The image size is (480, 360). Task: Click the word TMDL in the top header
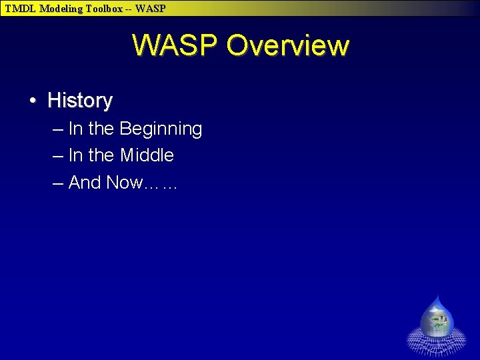point(21,9)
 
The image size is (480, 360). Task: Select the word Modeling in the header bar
point(61,9)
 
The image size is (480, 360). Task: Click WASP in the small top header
point(150,9)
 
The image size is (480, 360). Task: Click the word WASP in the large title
point(175,45)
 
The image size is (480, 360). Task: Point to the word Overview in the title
point(287,45)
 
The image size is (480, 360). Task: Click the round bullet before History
point(32,101)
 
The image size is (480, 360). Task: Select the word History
point(80,101)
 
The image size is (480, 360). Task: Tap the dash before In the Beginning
point(57,129)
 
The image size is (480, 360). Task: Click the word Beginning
point(161,129)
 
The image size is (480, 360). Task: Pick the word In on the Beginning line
point(75,129)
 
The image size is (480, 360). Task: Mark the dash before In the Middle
point(57,155)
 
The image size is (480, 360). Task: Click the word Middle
point(147,155)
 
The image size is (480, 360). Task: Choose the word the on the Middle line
point(101,155)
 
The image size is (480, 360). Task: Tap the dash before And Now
point(57,183)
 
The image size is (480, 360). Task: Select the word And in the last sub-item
point(85,183)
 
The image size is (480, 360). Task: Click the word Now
point(124,183)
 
